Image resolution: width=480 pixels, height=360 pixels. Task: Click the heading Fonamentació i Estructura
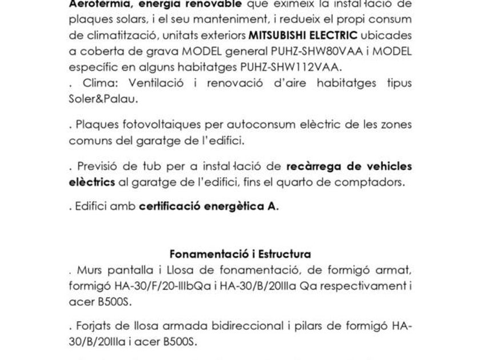tap(240, 254)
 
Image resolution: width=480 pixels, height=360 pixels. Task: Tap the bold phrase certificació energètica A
tap(209, 206)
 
